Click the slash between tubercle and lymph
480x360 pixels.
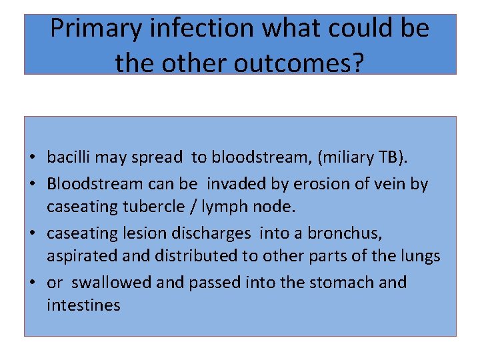pyautogui.click(x=177, y=207)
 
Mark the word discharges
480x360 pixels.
pyautogui.click(x=204, y=233)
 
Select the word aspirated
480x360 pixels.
pyautogui.click(x=75, y=256)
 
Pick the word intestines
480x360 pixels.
pyautogui.click(x=83, y=305)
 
